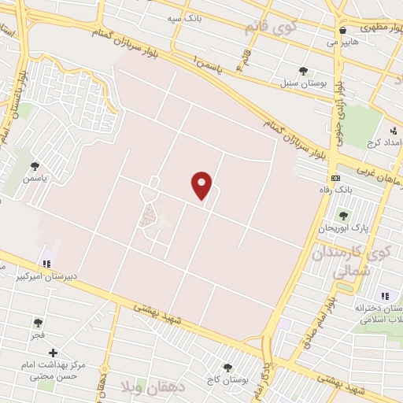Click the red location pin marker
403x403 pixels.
pyautogui.click(x=202, y=185)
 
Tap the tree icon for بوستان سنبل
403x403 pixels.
pyautogui.click(x=303, y=70)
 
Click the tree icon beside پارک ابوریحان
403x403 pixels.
pyautogui.click(x=342, y=215)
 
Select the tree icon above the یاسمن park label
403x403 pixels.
pyautogui.click(x=35, y=166)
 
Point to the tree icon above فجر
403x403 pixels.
pyautogui.click(x=38, y=322)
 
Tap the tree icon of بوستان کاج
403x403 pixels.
pyautogui.click(x=228, y=367)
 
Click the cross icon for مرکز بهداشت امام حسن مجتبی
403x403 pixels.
pyautogui.click(x=53, y=353)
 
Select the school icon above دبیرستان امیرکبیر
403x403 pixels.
pyautogui.click(x=47, y=263)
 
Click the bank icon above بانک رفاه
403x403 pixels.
pyautogui.click(x=335, y=178)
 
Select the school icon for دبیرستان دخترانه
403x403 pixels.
pyautogui.click(x=384, y=296)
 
